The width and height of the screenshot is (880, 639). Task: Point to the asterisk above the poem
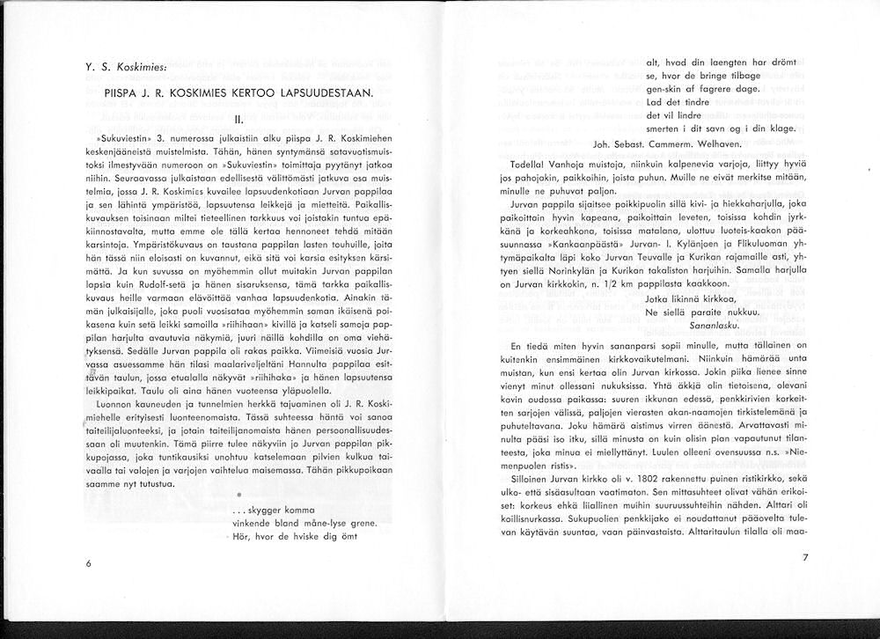[226, 496]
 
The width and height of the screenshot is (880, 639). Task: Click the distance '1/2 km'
[607, 284]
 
